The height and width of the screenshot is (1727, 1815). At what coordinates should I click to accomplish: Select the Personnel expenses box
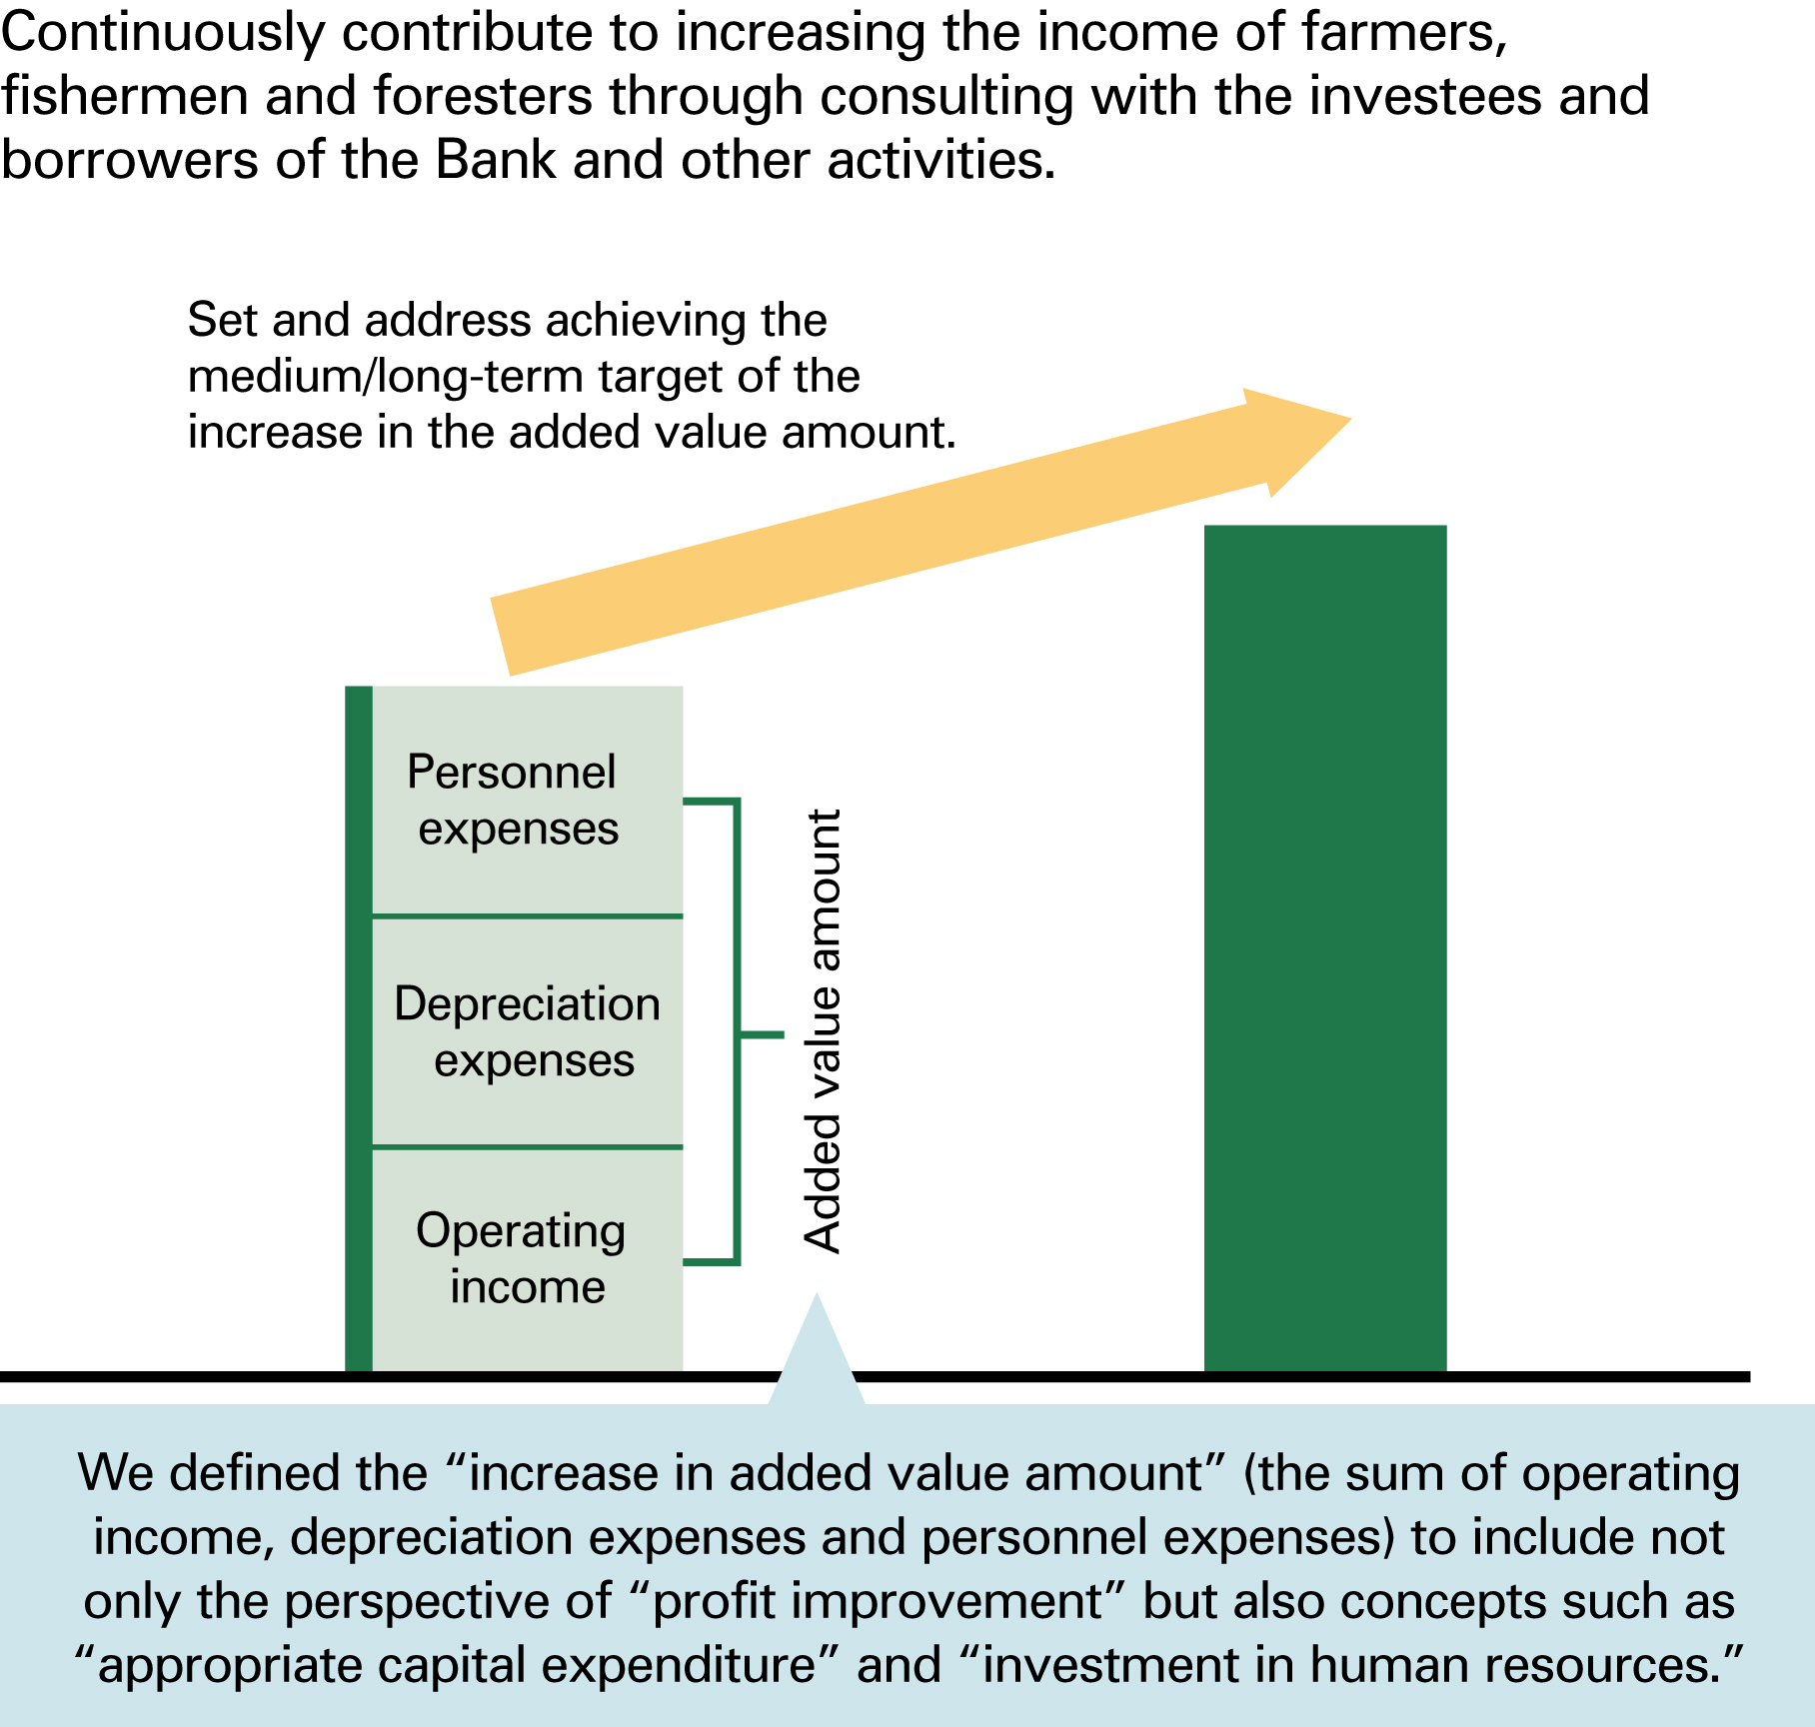527,801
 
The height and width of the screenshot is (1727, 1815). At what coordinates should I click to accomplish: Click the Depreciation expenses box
527,1031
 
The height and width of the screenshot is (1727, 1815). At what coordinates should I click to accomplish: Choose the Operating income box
527,1258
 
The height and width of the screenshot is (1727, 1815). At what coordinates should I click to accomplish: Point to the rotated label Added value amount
824,1031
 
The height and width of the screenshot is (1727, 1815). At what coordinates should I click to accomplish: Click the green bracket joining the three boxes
738,1031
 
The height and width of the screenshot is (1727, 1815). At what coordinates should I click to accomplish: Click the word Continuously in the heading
163,33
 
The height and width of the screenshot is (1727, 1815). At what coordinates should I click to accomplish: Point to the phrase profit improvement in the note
878,1601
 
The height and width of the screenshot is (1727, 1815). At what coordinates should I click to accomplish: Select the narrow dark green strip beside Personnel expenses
358,801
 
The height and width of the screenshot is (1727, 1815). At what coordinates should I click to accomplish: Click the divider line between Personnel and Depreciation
527,915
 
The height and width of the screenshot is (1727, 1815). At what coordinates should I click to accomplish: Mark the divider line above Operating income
527,1147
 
